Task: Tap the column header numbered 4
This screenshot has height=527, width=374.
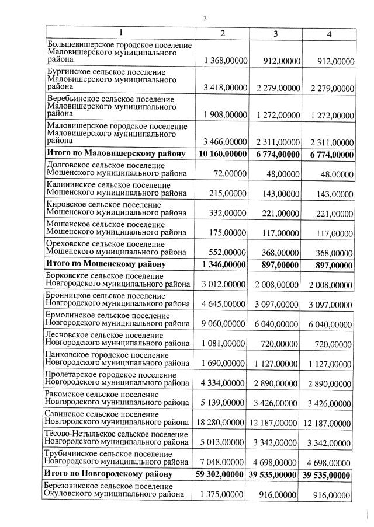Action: (x=329, y=33)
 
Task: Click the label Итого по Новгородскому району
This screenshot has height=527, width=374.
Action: (x=109, y=474)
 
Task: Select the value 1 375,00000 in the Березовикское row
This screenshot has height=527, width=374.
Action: (x=226, y=494)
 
